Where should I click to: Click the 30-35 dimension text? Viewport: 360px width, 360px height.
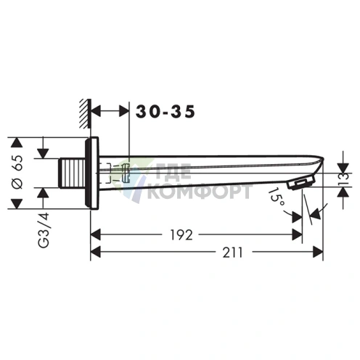(165, 112)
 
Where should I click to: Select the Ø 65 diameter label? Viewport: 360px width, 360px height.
(17, 172)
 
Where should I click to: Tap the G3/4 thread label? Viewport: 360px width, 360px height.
(44, 230)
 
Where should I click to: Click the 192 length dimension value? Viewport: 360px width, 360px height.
(181, 234)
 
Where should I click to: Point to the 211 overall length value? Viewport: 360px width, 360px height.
(232, 253)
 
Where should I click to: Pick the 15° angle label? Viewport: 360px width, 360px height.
(277, 197)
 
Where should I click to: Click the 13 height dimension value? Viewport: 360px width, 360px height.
(345, 179)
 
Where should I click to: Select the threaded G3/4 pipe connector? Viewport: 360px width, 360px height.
(72, 173)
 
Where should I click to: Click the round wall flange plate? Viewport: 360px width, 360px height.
(91, 173)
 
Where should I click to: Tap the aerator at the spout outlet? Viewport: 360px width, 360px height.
(301, 184)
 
